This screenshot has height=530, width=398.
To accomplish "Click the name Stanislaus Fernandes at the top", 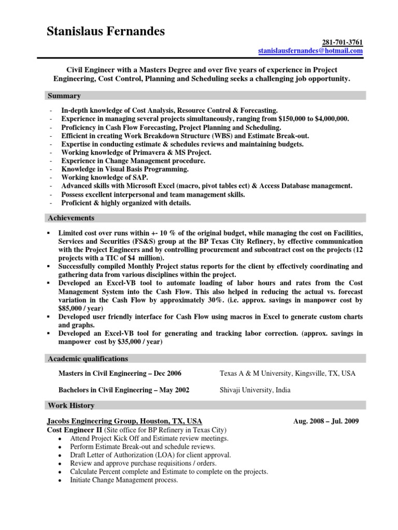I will tap(106, 32).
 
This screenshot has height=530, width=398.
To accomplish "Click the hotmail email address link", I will tap(310, 51).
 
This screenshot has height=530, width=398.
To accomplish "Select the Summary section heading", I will tap(64, 96).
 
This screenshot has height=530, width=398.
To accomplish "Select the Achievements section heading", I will tap(71, 218).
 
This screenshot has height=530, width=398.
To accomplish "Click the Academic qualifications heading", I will tap(88, 359).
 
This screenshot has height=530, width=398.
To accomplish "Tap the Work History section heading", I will tap(71, 405).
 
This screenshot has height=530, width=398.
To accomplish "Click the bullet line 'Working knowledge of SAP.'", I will tap(104, 178).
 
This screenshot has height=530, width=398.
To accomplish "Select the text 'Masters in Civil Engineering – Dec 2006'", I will tap(120, 373).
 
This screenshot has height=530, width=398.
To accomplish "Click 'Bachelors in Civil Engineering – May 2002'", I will tap(123, 390).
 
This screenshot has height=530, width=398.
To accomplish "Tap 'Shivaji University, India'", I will tap(255, 390).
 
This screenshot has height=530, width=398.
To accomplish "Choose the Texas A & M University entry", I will tap(287, 373).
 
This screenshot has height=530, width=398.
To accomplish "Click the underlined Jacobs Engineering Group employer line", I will tap(124, 421).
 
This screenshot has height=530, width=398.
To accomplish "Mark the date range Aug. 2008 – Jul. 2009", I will tap(325, 421).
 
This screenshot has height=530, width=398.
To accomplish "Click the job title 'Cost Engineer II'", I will tap(75, 430).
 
